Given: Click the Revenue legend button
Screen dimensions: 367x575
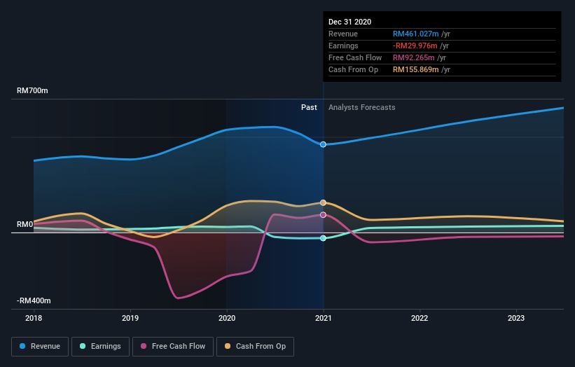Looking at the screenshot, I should (x=41, y=346).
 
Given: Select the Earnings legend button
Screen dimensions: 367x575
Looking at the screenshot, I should (x=101, y=346).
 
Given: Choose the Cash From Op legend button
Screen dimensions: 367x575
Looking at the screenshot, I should (x=256, y=346).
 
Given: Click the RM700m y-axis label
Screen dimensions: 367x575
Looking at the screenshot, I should (x=32, y=91).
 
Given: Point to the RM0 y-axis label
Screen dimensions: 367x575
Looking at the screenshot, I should (x=25, y=225).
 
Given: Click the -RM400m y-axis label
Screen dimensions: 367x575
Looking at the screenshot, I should (x=34, y=300).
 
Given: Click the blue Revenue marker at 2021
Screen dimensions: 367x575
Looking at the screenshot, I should (x=323, y=144).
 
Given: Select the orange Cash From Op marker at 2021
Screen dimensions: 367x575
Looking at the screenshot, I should (x=323, y=202).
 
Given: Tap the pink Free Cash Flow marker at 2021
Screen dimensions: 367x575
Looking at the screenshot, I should (x=323, y=215).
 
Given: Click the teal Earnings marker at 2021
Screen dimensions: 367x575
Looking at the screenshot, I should (x=323, y=238).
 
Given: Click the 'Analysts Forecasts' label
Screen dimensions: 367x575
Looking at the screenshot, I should (x=361, y=108).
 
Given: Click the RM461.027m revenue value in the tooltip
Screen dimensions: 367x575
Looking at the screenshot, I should (x=415, y=34).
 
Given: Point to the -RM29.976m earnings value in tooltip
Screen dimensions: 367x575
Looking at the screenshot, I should (x=415, y=46).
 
